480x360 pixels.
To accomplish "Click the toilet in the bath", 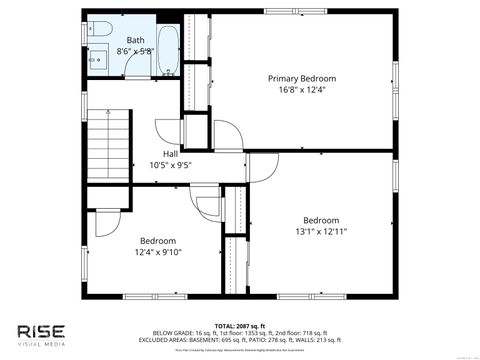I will [101, 31].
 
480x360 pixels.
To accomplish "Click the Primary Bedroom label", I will [302, 78].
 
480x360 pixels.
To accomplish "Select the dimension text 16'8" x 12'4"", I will [302, 89].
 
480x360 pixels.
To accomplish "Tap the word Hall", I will [171, 153].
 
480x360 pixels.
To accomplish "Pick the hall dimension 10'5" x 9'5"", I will [171, 164].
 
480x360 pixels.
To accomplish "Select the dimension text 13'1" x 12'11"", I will [321, 231].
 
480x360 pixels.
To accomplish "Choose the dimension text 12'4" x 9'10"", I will [158, 251].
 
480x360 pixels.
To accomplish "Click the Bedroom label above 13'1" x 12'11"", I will [321, 220].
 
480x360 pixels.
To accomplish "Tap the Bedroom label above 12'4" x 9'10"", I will [158, 240].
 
